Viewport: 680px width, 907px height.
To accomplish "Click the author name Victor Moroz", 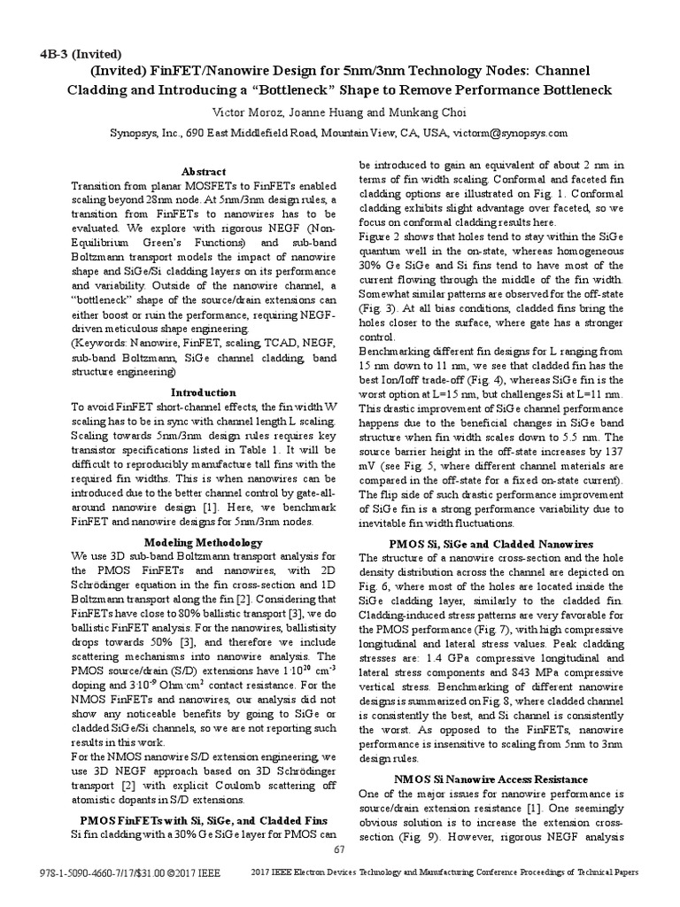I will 244,112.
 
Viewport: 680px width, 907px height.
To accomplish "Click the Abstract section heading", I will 204,171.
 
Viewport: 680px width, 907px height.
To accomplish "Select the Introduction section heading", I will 204,391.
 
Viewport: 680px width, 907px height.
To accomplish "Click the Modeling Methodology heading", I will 204,542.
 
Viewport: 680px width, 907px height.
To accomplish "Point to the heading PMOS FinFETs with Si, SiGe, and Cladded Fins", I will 204,820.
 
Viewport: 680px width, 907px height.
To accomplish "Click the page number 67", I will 338,849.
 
